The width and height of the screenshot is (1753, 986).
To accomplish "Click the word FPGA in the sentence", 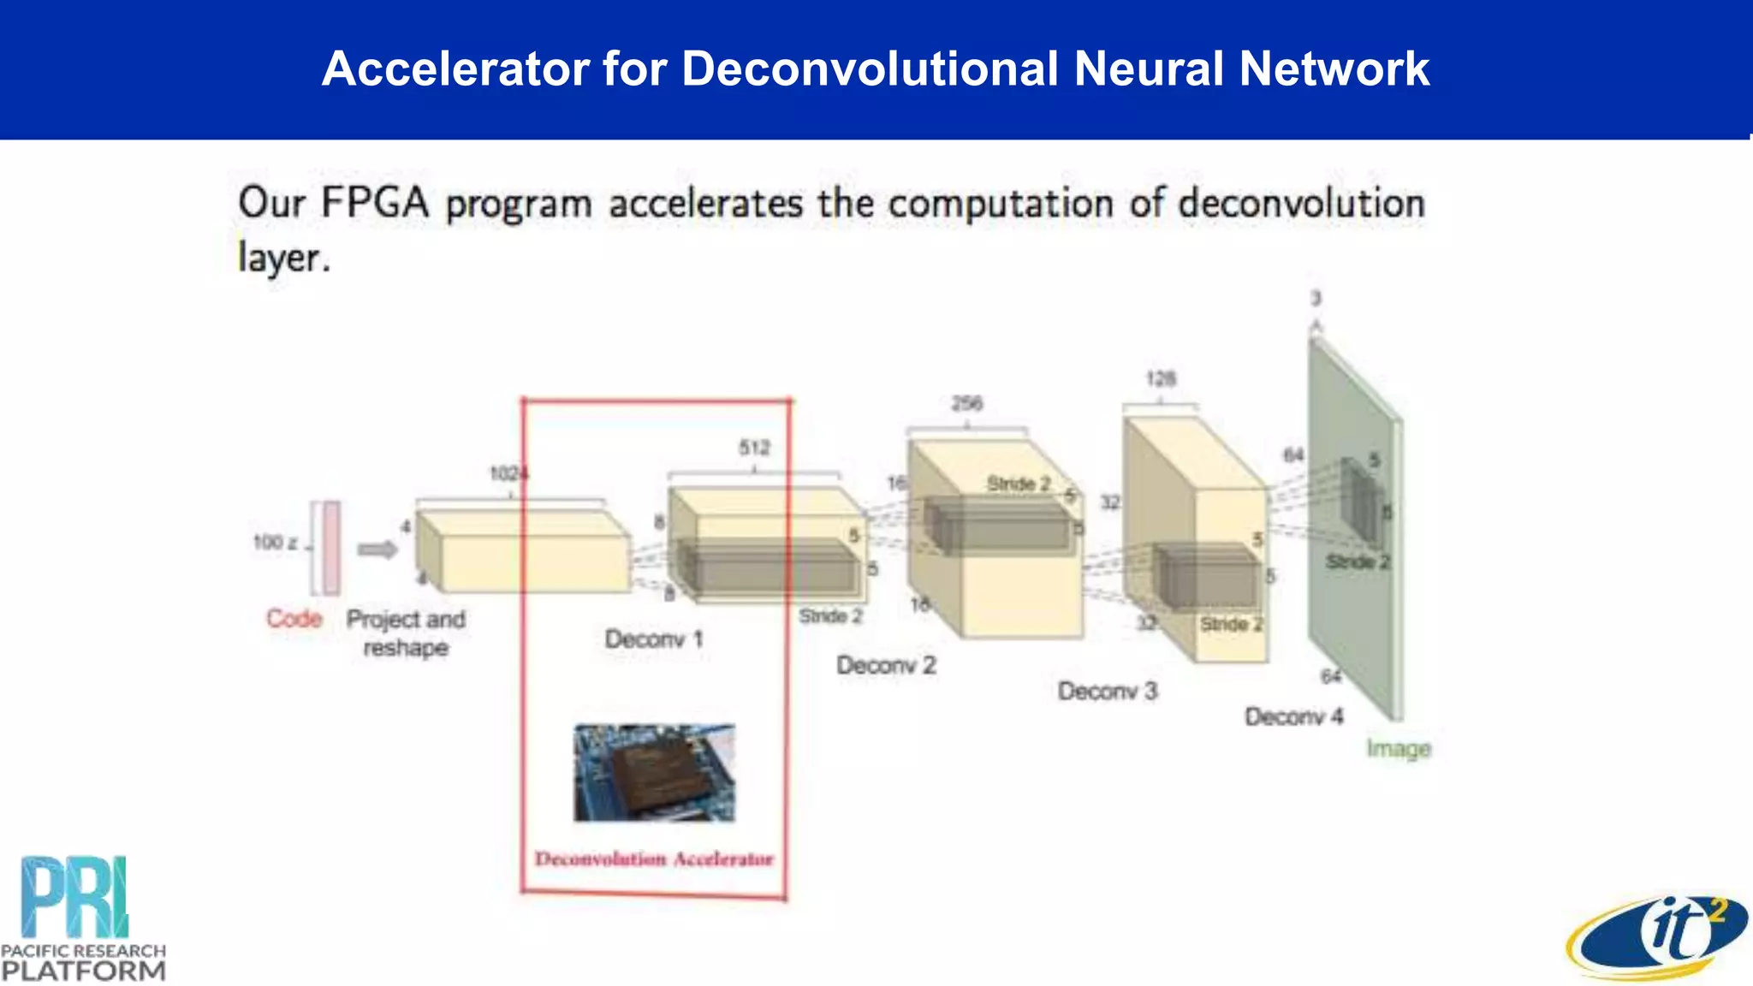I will point(374,204).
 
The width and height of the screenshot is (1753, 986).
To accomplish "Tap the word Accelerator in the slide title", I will point(455,68).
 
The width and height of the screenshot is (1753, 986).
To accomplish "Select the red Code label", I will point(294,618).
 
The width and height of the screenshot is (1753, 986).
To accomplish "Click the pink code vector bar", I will point(331,548).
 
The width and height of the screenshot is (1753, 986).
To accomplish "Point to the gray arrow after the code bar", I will point(377,549).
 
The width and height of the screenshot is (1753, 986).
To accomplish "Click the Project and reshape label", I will point(406,633).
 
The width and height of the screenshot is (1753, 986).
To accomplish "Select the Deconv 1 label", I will point(654,639).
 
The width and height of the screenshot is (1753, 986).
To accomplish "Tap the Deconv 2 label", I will point(886,665).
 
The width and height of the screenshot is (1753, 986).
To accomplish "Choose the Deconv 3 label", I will point(1107,691).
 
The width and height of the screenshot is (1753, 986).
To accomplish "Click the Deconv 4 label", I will point(1293,716).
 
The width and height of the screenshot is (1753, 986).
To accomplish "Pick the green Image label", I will point(1399,749).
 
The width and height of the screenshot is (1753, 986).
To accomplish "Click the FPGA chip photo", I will point(654,773).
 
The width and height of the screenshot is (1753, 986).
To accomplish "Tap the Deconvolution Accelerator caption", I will point(654,858).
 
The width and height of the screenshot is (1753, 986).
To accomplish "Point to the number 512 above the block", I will point(754,448).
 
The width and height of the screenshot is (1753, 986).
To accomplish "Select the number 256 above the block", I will point(966,403).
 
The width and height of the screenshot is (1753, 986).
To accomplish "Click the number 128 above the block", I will point(1161,378).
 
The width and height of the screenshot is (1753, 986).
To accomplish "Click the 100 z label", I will point(275,542).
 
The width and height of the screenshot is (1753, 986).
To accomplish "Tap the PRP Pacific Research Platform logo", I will point(83,918).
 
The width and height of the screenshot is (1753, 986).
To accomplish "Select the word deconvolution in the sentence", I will point(1301,204).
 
